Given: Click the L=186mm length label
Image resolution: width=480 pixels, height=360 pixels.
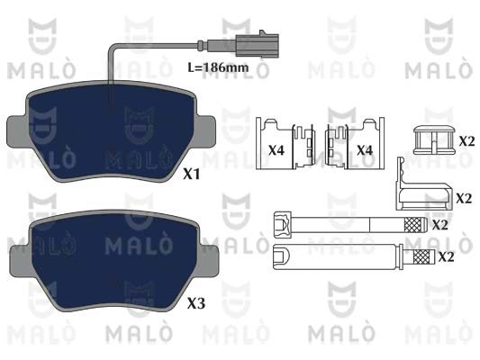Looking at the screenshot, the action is [218, 67].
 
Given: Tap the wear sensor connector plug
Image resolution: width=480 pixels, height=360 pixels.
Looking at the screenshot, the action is [258, 46].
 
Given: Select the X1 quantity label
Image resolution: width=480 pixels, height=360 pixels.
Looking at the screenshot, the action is [191, 175].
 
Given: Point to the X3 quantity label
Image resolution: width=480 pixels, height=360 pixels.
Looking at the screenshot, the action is [196, 303].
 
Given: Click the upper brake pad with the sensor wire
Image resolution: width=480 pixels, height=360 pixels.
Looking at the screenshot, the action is [111, 131].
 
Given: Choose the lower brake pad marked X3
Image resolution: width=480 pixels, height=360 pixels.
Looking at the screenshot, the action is [113, 261].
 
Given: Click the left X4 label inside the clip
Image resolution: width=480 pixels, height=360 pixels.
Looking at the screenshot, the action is [276, 150].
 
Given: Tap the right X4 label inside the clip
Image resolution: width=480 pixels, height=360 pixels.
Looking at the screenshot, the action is [365, 150].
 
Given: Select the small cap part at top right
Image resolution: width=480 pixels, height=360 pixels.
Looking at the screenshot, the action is [434, 139].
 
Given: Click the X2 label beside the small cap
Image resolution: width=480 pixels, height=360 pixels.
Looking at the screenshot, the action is [466, 141].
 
